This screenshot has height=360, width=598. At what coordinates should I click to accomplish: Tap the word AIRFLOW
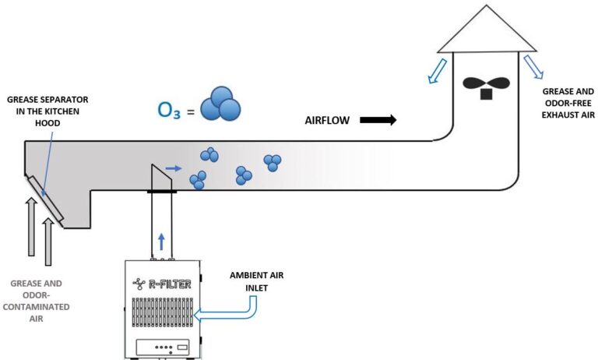click(328, 121)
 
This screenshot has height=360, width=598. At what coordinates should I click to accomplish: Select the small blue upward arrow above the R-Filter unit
click(161, 240)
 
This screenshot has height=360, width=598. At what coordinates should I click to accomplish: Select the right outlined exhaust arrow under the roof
click(535, 68)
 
